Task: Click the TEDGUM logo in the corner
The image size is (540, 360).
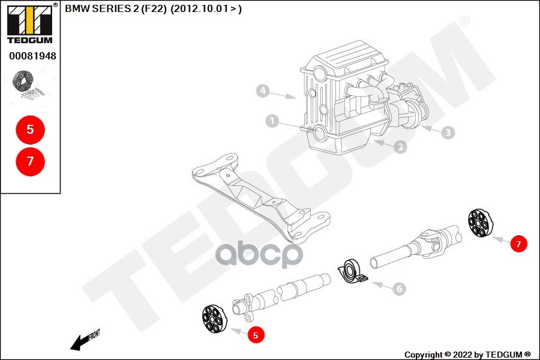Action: pos(30,23)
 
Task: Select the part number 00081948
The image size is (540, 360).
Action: pos(32,56)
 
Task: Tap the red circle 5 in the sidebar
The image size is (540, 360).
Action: pos(31,130)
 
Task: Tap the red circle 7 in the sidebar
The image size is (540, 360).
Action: pos(31,161)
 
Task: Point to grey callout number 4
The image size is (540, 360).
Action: pos(263,91)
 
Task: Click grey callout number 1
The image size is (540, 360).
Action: pos(272,121)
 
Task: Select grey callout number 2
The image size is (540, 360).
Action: pos(400,147)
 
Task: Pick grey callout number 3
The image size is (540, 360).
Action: pos(448,132)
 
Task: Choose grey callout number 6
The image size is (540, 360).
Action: pos(399,289)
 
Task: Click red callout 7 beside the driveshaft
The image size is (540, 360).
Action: pos(518,244)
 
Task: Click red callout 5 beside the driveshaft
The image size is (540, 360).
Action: pos(256,335)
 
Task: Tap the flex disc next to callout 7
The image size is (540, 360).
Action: pos(481,223)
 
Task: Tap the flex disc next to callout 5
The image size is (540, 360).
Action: pos(215,319)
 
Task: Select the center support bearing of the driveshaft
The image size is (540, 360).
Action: pos(352,271)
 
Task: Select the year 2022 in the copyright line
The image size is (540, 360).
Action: pos(462,355)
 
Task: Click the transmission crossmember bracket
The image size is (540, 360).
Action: pos(261,198)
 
